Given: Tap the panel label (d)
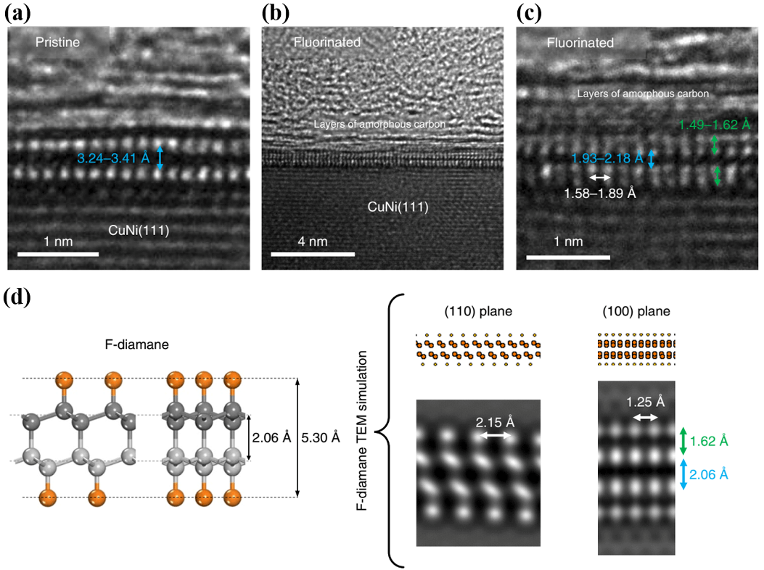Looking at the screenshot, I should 17,297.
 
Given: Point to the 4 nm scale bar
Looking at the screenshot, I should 312,254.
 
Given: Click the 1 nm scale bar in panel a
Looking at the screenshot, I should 57,254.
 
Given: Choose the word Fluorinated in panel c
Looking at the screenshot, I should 580,44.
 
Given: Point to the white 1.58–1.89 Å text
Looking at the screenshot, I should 600,194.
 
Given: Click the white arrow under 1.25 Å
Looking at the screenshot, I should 645,418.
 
